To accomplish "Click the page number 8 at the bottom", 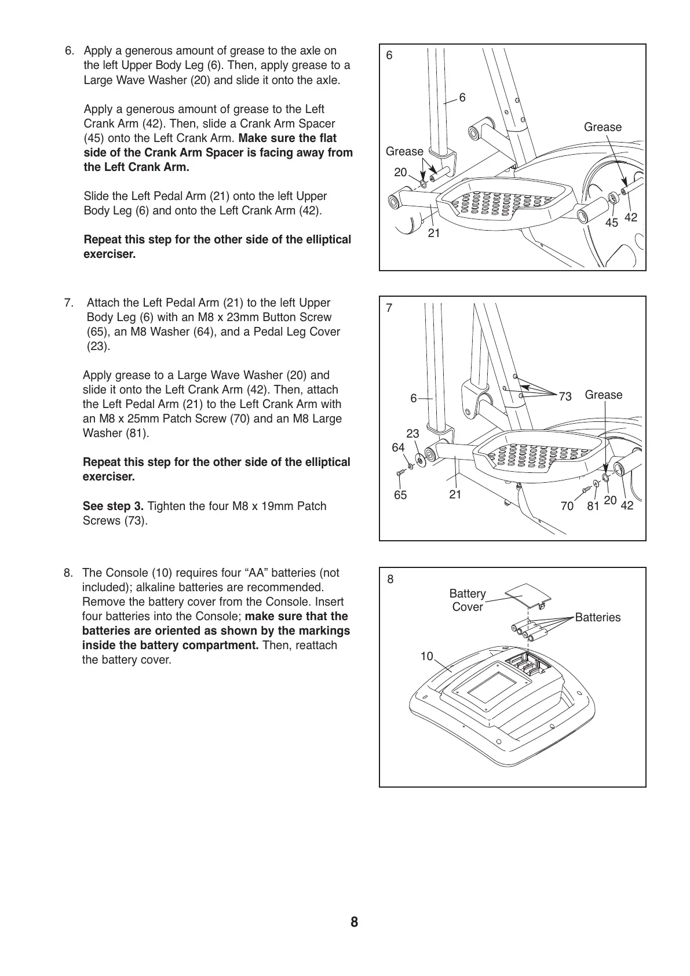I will tap(354, 922).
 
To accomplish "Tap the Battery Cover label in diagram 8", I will tap(468, 600).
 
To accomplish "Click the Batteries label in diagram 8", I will tap(597, 617).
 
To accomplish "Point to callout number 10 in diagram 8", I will tap(426, 656).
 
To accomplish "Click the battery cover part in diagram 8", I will tap(526, 595).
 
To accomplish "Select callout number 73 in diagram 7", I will tap(565, 396).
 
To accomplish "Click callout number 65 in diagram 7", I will tap(400, 495).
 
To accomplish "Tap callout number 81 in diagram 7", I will tap(592, 506).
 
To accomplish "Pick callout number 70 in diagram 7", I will tap(567, 506).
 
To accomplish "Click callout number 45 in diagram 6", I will tap(611, 222).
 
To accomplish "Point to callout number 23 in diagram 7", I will tap(412, 434).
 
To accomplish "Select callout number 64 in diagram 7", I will tap(398, 447).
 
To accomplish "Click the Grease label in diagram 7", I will tap(604, 395).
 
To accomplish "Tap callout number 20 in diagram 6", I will tap(400, 172).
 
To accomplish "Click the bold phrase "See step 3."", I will tap(114, 506).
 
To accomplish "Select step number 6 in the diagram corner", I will tap(389, 56).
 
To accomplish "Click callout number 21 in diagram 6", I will tap(434, 233).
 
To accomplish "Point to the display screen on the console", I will tap(491, 688).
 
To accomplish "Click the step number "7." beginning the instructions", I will tap(69, 303).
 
